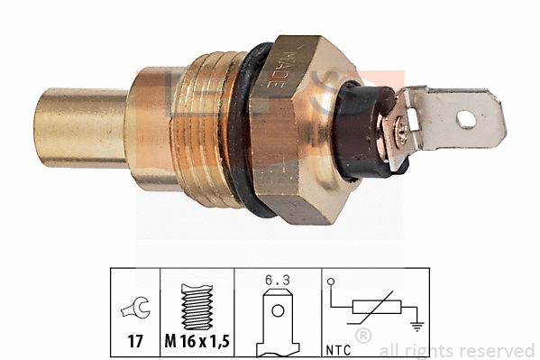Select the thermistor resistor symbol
coord(371,308)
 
